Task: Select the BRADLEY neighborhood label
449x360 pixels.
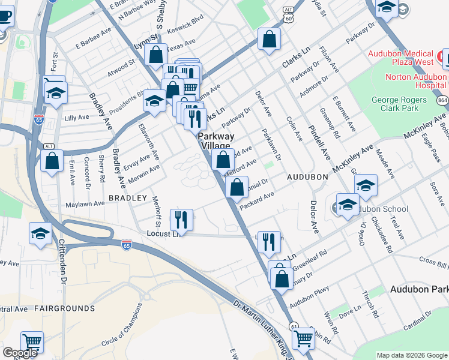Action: [x=128, y=197]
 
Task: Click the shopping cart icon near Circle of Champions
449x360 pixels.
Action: [x=32, y=342]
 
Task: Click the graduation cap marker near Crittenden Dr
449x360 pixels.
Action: [x=41, y=233]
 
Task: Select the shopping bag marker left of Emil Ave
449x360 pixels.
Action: [x=52, y=160]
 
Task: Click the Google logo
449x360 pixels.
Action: [x=20, y=353]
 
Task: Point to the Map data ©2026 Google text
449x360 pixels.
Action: [x=412, y=355]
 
